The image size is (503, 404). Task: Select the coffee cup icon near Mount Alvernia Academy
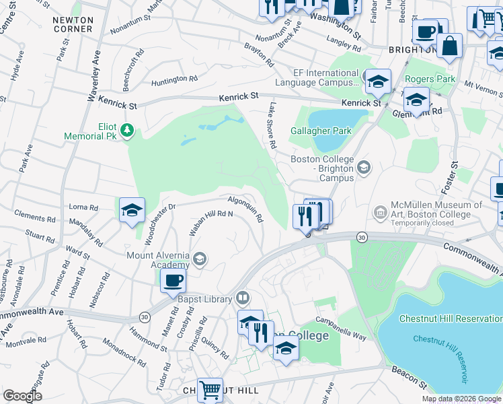[173, 280]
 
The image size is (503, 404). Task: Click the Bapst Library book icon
[242, 298]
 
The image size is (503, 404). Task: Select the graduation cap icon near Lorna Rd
[132, 210]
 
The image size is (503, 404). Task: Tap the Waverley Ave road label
[94, 77]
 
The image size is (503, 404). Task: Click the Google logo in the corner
[22, 397]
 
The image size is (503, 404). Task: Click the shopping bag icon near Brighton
[449, 47]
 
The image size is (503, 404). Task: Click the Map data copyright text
[461, 399]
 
